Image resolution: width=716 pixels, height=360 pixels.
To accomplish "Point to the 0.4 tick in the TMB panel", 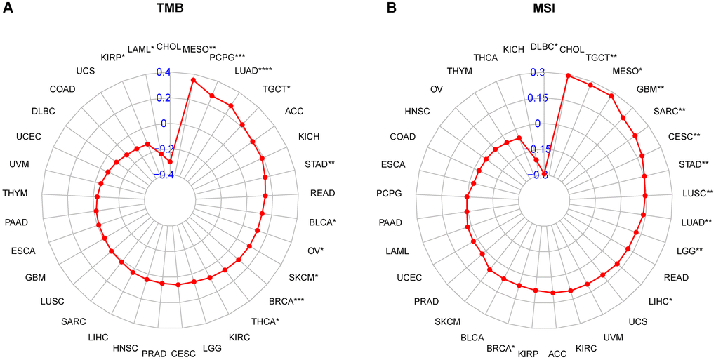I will point(162,72).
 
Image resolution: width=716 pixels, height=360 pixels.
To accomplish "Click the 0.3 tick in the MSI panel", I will point(537,72).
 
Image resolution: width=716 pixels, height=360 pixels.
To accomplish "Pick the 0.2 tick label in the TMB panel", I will point(162,98).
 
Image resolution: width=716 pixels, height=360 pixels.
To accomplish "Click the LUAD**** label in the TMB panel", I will point(253,70).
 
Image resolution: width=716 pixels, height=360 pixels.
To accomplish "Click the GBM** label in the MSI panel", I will point(650,90).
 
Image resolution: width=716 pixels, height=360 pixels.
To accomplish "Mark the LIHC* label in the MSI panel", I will point(659,302).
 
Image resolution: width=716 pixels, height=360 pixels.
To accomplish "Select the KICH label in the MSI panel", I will point(513,48).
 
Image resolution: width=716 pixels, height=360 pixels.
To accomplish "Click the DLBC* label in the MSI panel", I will point(544,46).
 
